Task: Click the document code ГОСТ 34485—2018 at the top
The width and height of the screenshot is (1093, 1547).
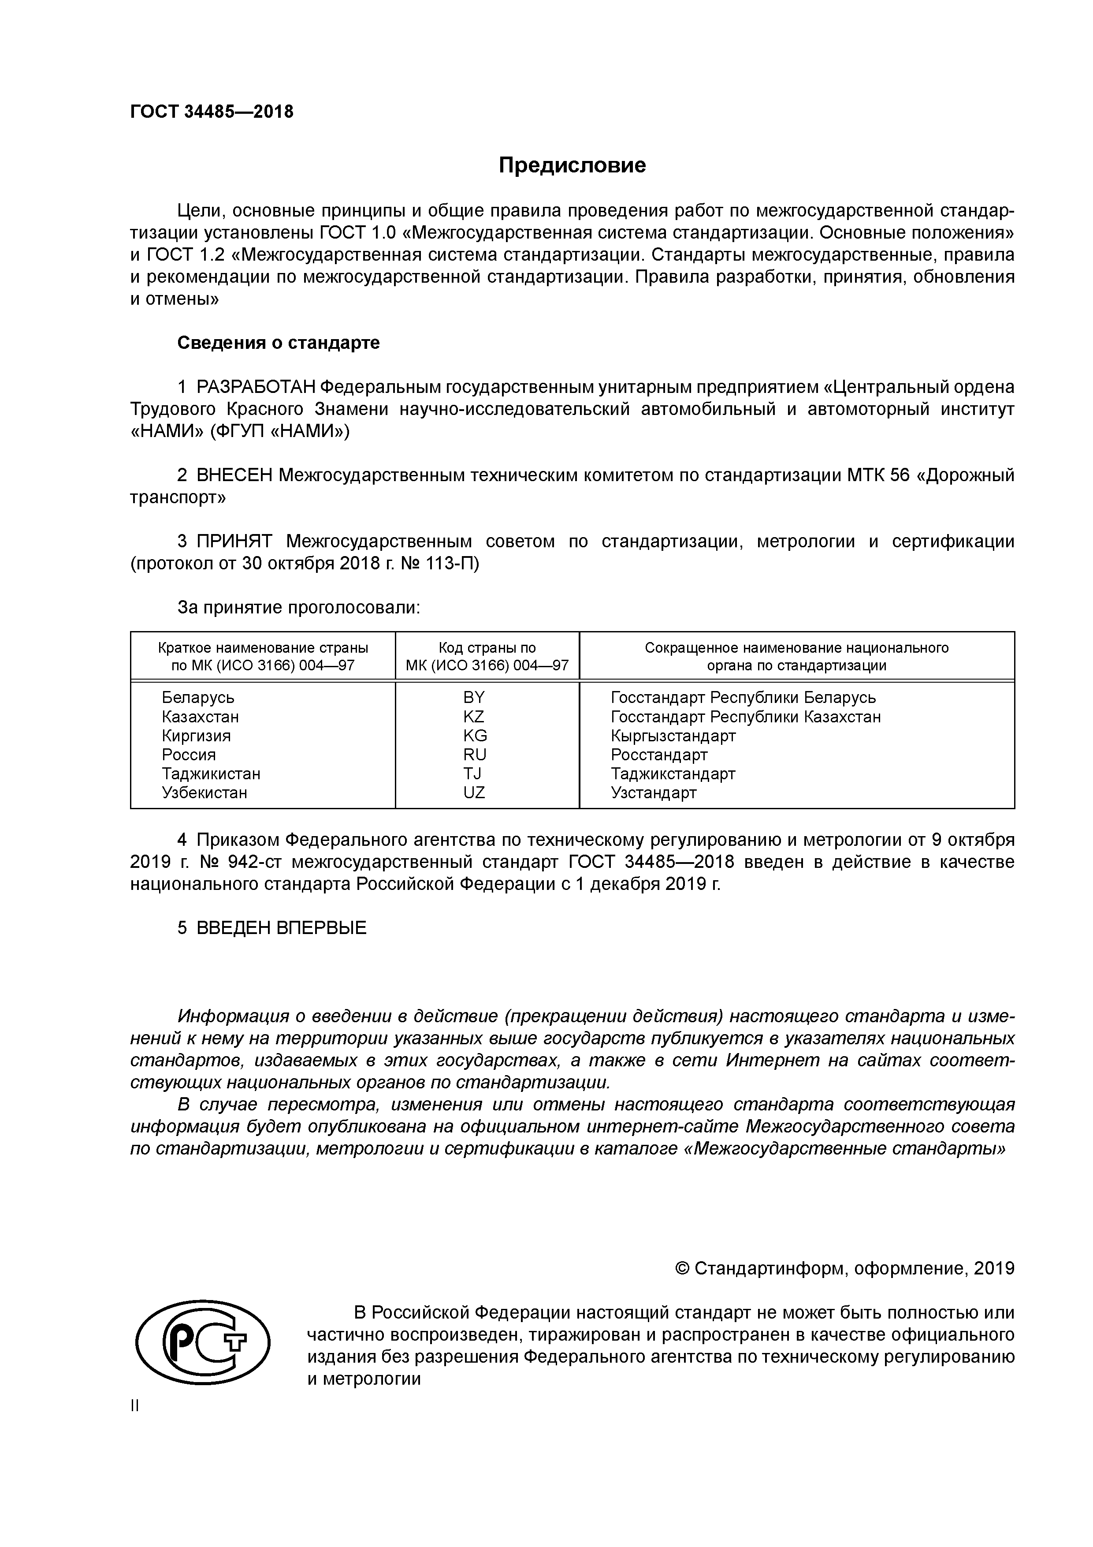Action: tap(212, 112)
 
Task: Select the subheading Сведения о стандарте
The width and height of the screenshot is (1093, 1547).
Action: tap(278, 343)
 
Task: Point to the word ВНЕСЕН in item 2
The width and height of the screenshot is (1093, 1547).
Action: tap(234, 476)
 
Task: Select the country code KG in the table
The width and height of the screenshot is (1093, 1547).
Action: tap(474, 736)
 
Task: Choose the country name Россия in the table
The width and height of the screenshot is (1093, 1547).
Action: tap(189, 755)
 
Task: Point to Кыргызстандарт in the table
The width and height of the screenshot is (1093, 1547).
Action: tap(673, 736)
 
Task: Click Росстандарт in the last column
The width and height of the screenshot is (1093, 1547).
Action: tap(658, 755)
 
